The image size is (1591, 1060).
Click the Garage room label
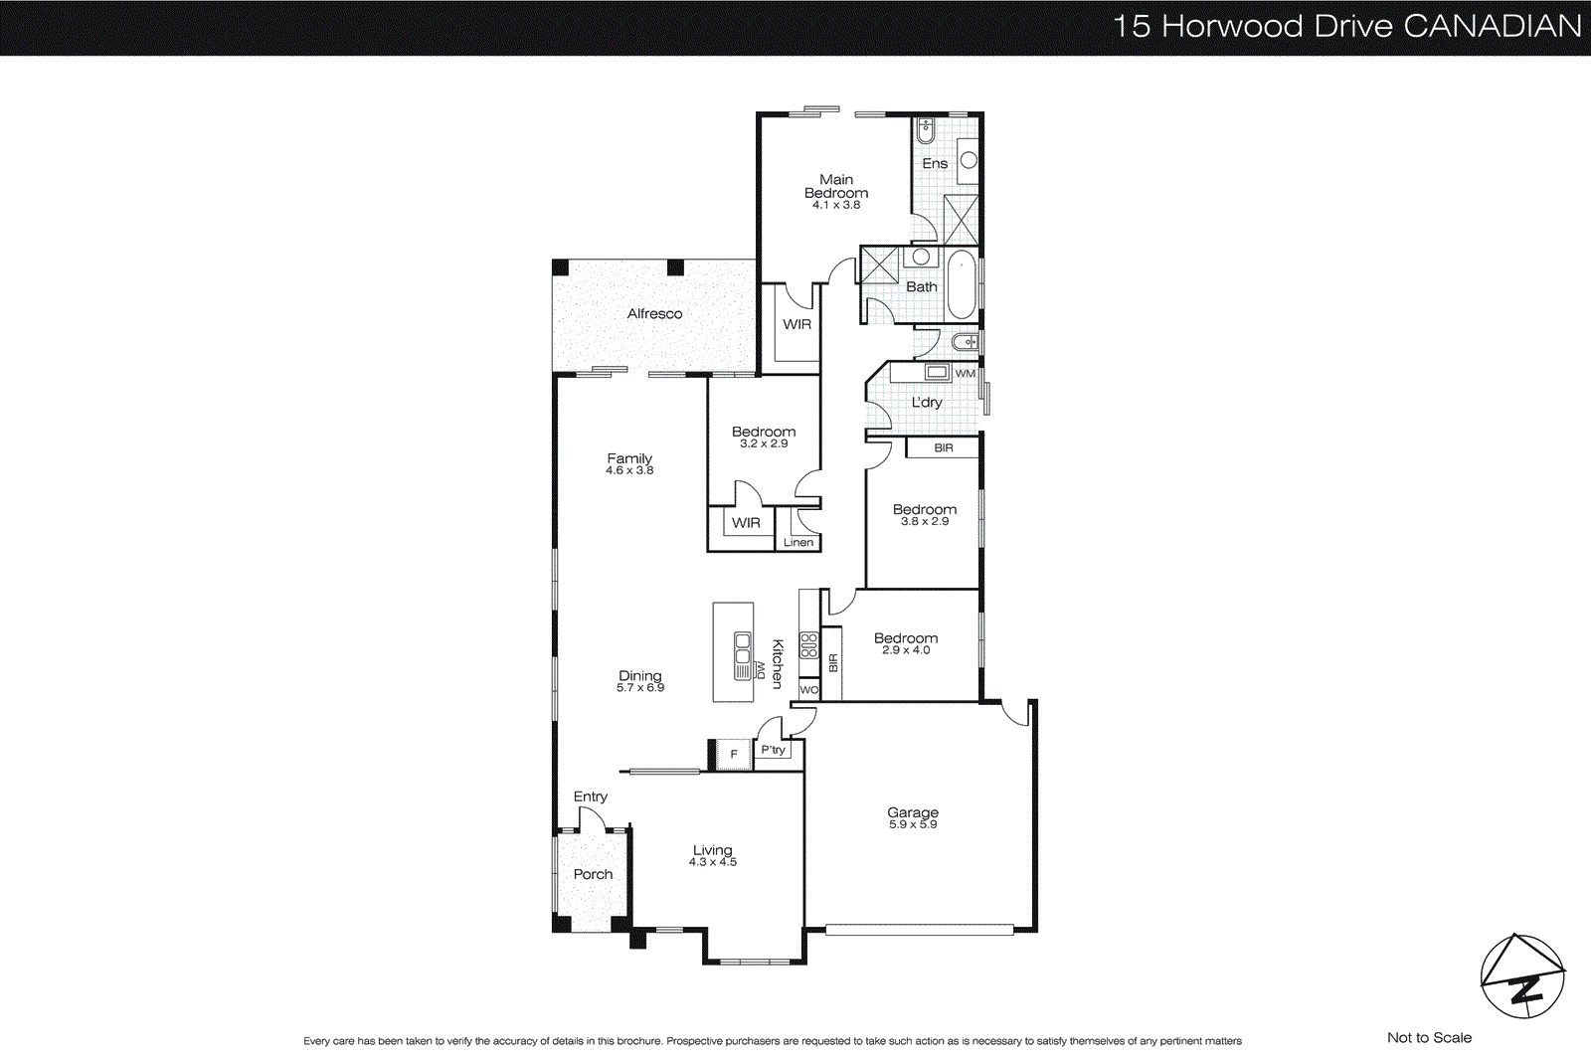913,812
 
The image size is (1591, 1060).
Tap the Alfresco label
654,313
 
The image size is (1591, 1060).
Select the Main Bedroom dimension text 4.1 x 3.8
836,205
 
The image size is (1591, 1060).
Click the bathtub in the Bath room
961,284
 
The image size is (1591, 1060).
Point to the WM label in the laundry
965,374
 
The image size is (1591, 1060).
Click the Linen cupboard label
797,543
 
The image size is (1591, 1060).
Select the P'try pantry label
773,750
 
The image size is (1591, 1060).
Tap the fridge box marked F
734,754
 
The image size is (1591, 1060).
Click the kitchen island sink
743,656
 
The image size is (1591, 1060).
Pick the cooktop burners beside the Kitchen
808,646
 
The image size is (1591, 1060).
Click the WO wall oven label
808,690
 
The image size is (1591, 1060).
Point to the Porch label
593,874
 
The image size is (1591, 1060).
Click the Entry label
590,796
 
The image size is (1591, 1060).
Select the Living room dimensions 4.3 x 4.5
713,862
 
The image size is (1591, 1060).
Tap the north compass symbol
1521,976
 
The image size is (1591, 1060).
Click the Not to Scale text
1429,1037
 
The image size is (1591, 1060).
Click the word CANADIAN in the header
1492,26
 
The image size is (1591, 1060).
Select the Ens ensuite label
935,163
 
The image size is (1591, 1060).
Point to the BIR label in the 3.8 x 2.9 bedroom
943,448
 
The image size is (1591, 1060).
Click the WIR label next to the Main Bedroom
796,324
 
